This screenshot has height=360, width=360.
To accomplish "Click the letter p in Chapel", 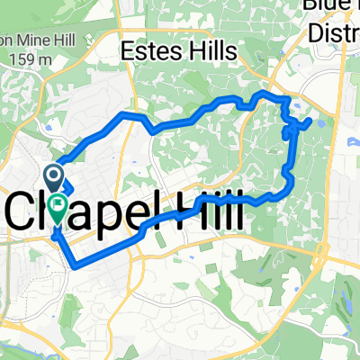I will (101, 211).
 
